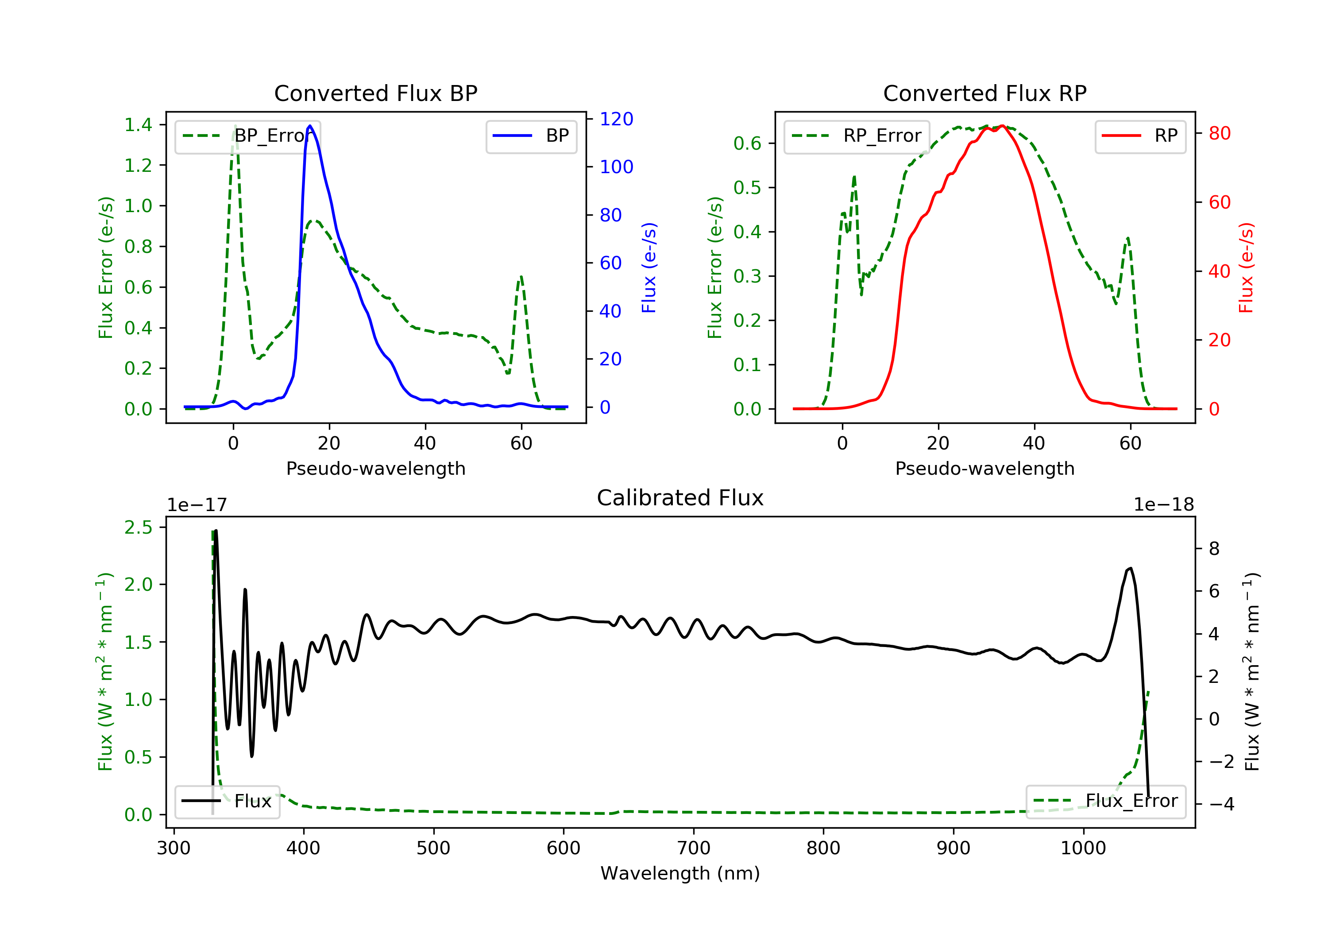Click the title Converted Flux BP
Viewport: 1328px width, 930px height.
[375, 93]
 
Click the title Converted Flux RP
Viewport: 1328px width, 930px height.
[984, 93]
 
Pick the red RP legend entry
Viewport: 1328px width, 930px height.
[1140, 136]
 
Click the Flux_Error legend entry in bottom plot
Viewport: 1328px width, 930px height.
[1105, 801]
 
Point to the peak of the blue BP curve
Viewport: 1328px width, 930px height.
[310, 126]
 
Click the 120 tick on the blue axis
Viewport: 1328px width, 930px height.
[616, 119]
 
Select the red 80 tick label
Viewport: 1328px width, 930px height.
[1219, 134]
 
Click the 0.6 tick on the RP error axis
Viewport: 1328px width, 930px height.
[747, 143]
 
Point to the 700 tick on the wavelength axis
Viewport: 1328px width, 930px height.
[694, 849]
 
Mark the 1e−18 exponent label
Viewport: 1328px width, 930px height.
[1163, 505]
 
